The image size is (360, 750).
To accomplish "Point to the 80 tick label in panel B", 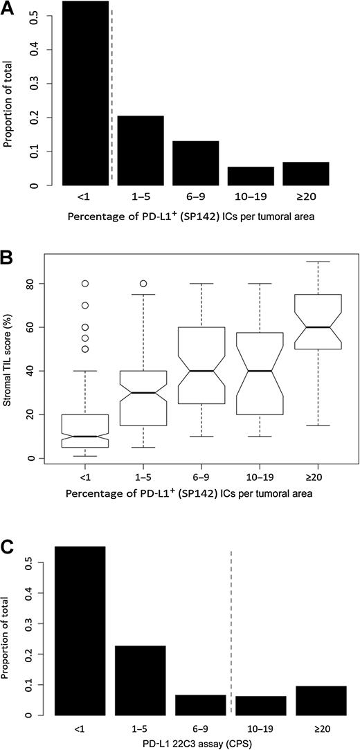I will [31, 284].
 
